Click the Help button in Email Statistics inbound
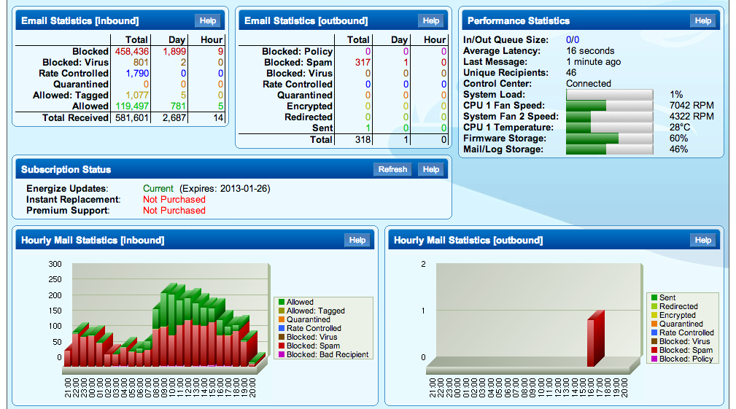208,21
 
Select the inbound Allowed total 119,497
131,106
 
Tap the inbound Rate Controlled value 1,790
137,74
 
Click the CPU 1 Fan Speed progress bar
609,106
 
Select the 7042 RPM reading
692,106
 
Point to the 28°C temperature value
680,128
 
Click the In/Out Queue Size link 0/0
573,40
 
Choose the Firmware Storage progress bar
609,139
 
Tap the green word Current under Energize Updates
158,189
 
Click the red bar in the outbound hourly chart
595,340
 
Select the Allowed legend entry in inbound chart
299,302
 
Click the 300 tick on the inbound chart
55,264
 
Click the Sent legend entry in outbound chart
667,297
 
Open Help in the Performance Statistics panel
702,21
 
